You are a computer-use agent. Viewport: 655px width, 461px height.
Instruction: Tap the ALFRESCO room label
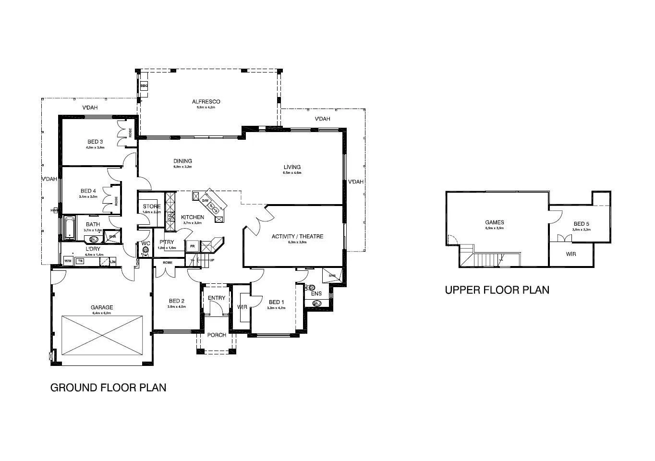[206, 102]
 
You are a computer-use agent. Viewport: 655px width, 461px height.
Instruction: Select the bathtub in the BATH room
[70, 228]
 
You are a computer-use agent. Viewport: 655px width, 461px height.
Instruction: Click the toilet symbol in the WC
[146, 250]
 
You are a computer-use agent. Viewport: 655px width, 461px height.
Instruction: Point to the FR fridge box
[192, 246]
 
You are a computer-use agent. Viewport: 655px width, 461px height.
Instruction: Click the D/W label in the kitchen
[205, 200]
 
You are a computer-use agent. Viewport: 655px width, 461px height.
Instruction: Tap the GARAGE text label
[102, 307]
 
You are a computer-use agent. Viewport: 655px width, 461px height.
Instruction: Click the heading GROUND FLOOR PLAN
[108, 388]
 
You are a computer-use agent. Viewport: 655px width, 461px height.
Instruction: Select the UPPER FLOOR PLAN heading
[497, 290]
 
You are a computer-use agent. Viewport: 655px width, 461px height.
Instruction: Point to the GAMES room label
[494, 222]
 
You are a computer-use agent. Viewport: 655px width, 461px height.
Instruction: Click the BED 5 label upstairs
[581, 224]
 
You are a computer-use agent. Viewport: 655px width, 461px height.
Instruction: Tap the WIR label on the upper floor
[570, 254]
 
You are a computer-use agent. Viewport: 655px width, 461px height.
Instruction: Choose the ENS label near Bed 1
[316, 293]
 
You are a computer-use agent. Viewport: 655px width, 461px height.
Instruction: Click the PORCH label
[216, 335]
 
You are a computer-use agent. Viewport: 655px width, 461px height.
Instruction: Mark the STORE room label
[151, 206]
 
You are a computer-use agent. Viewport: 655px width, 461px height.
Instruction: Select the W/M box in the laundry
[67, 261]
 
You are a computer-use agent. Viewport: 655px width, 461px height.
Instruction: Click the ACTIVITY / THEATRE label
[297, 236]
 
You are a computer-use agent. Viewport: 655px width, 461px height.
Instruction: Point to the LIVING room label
[292, 167]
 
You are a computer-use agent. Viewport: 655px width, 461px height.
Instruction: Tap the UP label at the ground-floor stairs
[212, 260]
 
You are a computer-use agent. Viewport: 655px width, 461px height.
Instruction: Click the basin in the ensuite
[316, 303]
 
